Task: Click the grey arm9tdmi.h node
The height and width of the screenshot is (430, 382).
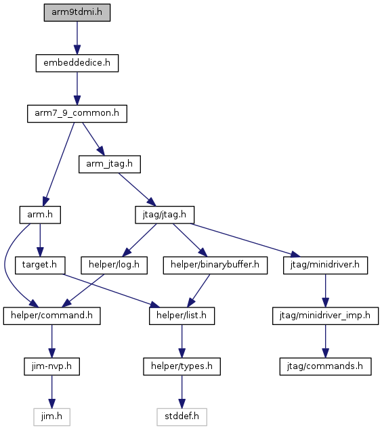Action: tap(77, 13)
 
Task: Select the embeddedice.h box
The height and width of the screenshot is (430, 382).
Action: tap(77, 63)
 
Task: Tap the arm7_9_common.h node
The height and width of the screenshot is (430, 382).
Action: tap(77, 114)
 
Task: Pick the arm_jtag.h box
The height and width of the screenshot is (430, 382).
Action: tap(110, 165)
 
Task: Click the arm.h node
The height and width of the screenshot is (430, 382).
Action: tap(40, 215)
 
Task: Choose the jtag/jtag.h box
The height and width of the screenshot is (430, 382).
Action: tap(165, 215)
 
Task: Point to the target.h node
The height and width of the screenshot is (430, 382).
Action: tap(40, 265)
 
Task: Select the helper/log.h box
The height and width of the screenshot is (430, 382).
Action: tap(114, 265)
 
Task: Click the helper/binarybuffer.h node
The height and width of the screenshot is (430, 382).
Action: tap(215, 265)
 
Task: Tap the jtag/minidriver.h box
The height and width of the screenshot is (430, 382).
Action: tap(326, 265)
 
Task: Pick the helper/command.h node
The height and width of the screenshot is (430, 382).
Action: tap(52, 316)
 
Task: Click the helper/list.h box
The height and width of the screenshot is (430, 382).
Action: tap(182, 316)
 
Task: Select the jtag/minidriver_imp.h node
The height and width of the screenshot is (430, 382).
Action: tap(326, 316)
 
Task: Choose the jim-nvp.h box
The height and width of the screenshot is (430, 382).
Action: tap(52, 366)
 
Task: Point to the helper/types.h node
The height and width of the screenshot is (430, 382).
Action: tap(182, 366)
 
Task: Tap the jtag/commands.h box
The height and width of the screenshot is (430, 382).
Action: tap(326, 366)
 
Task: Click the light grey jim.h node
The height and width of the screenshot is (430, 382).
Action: tap(52, 417)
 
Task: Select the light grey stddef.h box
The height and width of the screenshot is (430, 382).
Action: tap(182, 417)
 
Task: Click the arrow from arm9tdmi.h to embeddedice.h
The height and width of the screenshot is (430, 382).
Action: tap(77, 38)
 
